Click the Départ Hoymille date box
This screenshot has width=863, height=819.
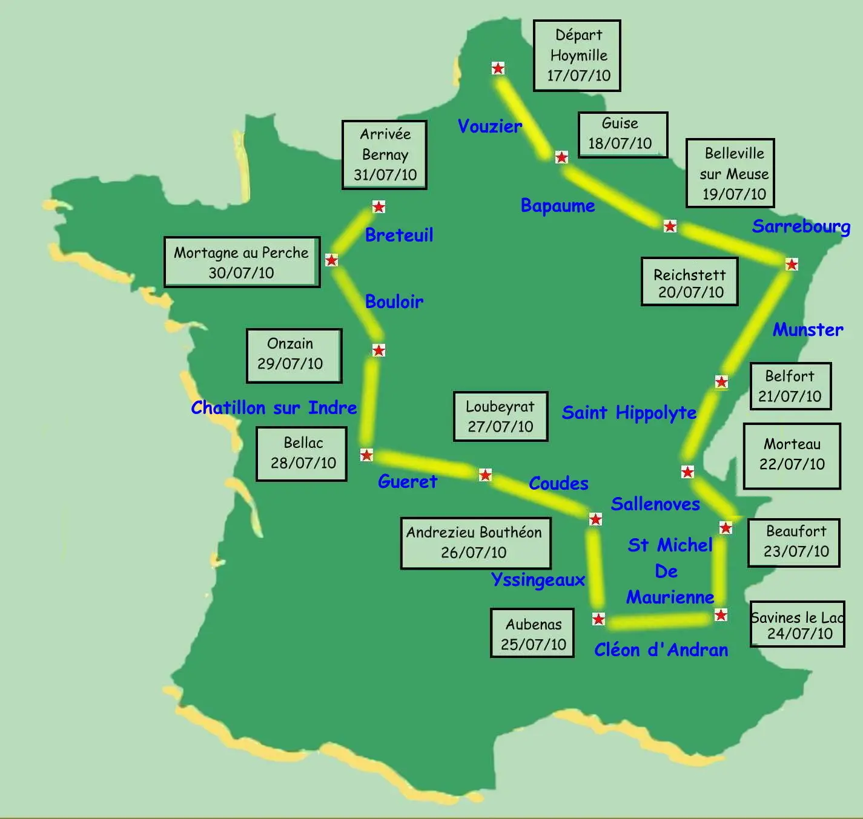click(577, 56)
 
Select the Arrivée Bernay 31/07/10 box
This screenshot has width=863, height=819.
click(385, 155)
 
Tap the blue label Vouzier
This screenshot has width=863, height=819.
click(489, 127)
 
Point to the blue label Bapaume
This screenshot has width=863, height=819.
click(558, 206)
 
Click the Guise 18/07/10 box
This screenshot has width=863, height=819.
click(623, 134)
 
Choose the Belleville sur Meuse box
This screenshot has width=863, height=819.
click(730, 174)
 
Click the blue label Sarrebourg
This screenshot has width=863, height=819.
click(801, 226)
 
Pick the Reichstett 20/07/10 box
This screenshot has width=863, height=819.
click(690, 282)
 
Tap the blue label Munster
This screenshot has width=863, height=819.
click(808, 330)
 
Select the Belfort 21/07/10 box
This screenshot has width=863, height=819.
click(790, 386)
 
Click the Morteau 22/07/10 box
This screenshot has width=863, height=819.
click(792, 455)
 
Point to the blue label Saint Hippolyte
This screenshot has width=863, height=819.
click(629, 413)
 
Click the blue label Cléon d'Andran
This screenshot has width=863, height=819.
click(661, 650)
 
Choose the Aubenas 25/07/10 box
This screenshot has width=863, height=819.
click(532, 633)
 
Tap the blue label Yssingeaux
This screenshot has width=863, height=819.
click(538, 580)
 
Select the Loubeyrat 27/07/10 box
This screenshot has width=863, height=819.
click(500, 416)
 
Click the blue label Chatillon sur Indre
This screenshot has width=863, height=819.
click(274, 408)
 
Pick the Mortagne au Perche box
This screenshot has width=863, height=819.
click(242, 262)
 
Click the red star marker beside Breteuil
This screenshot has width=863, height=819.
click(379, 207)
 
